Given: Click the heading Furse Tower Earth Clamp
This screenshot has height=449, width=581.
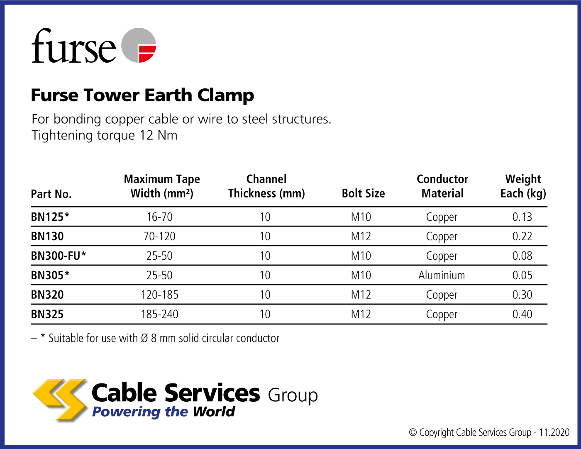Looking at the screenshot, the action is pyautogui.click(x=142, y=95).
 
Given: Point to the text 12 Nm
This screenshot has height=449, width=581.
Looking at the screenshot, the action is pyautogui.click(x=158, y=135).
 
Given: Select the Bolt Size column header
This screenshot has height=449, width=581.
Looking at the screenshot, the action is pyautogui.click(x=363, y=193).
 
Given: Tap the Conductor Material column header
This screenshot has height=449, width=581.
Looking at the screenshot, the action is pyautogui.click(x=442, y=186).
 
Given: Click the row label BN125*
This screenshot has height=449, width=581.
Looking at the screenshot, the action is pyautogui.click(x=50, y=217).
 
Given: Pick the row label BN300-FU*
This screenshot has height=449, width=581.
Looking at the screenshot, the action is pyautogui.click(x=58, y=256).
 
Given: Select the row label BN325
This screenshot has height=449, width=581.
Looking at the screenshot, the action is pyautogui.click(x=47, y=314).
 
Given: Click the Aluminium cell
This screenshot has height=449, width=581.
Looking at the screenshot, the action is pyautogui.click(x=442, y=275).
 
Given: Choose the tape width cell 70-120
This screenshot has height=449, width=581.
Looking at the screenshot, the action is pyautogui.click(x=159, y=236).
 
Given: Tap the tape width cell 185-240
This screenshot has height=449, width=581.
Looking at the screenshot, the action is pyautogui.click(x=159, y=314).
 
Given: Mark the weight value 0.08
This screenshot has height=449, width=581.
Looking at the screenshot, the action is pyautogui.click(x=522, y=256).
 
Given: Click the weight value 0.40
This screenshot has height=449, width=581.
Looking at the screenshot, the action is pyautogui.click(x=522, y=314).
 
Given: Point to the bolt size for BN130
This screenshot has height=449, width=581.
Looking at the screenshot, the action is pyautogui.click(x=361, y=236).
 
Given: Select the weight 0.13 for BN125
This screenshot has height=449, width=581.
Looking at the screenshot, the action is pyautogui.click(x=522, y=217).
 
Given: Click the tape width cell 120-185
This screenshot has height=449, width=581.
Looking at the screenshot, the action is pyautogui.click(x=159, y=295).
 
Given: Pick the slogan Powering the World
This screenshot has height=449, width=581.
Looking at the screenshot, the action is pyautogui.click(x=164, y=412).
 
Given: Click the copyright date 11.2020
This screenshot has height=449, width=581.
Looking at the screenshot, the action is pyautogui.click(x=554, y=432).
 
